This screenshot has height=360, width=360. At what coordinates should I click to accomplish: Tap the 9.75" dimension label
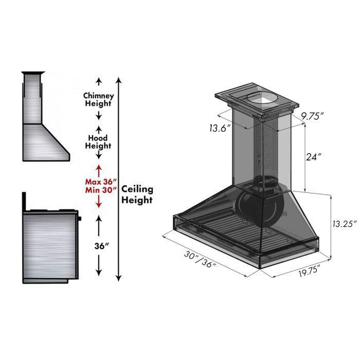coord(312,116)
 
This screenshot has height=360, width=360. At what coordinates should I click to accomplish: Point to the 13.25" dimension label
coord(341,224)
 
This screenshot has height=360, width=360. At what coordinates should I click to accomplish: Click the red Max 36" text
coord(101,182)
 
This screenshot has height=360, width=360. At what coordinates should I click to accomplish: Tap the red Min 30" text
coord(101,191)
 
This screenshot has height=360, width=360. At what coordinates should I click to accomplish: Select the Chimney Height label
coord(98,99)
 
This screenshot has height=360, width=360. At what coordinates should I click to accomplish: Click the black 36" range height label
coord(102,246)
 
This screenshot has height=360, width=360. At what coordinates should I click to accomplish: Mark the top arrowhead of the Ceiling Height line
coord(119,80)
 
